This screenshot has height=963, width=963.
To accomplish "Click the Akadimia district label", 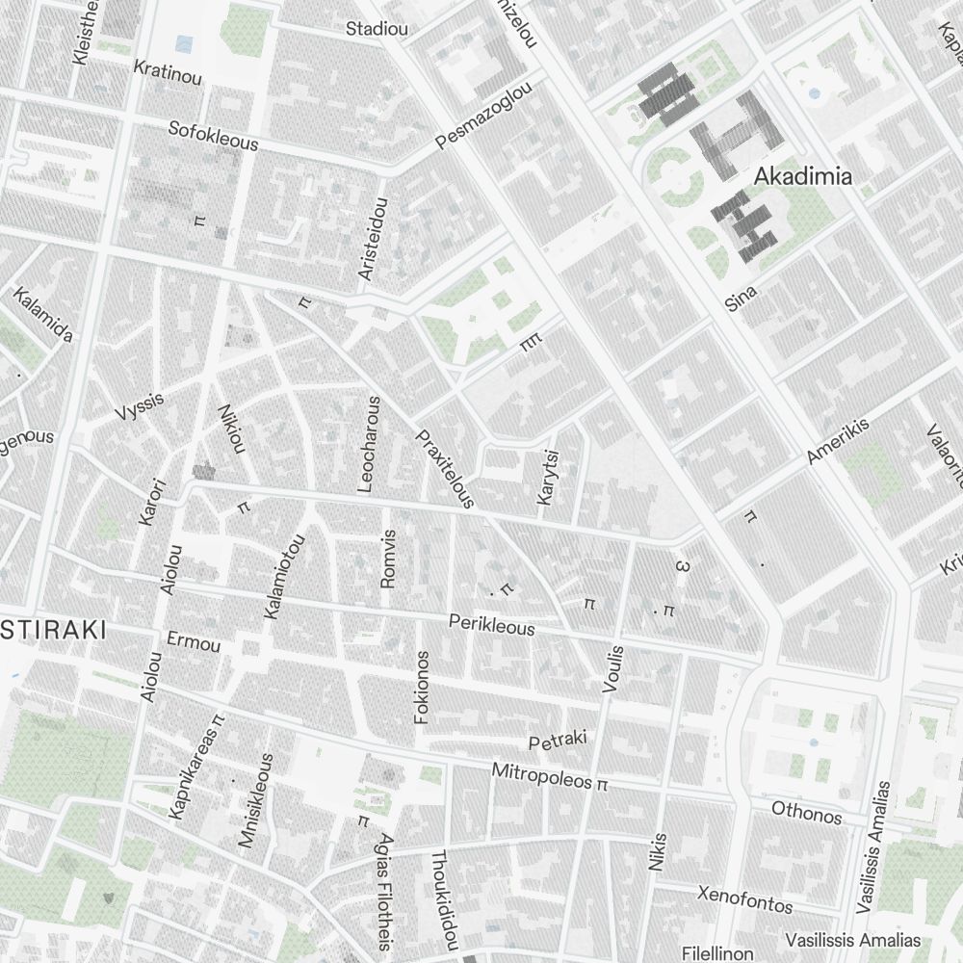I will tap(802, 176).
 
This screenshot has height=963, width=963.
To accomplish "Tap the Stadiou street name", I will tap(377, 28).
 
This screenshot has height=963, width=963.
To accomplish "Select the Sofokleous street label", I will tap(213, 136).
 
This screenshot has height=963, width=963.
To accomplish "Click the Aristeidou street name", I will tap(373, 239).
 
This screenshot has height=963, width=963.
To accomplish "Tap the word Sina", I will tap(742, 298).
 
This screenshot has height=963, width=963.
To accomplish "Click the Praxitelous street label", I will tap(445, 469).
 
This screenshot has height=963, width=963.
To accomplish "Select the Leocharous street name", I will tap(369, 444).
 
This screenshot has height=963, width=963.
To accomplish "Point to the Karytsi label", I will tap(548, 477).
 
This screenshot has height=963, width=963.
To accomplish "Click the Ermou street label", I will tap(194, 642).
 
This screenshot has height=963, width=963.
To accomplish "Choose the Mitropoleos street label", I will tap(541, 775).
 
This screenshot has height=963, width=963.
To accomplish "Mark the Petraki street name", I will tap(558, 742).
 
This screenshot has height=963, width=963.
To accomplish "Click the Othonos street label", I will tap(806, 814).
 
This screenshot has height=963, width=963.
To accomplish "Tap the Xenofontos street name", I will tap(745, 899).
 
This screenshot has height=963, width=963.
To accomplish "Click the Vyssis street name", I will tap(140, 406).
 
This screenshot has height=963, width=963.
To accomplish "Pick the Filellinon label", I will tap(717, 952).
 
